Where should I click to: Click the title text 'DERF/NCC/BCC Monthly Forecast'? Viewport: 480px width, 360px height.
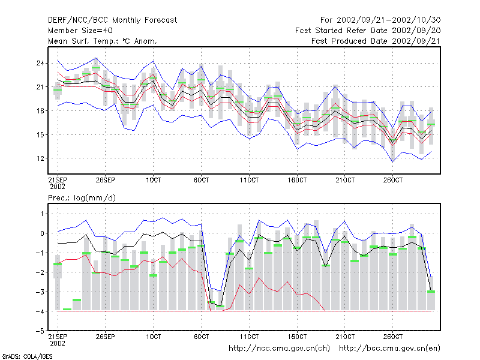click(x=112, y=20)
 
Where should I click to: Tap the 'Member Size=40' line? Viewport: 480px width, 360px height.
click(x=80, y=31)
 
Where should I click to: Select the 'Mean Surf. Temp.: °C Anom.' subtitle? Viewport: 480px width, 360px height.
click(x=103, y=41)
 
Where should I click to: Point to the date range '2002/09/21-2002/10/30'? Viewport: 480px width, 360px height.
click(x=388, y=20)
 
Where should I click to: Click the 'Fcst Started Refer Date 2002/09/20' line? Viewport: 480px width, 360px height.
click(x=368, y=31)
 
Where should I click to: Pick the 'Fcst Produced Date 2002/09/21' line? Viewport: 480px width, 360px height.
click(x=376, y=41)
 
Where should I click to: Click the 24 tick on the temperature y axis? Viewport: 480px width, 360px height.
click(x=40, y=64)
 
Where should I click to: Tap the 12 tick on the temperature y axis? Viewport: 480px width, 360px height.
click(x=40, y=158)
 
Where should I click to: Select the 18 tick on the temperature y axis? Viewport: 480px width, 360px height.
click(x=40, y=111)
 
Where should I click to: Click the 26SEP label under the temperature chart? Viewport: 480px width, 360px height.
click(x=106, y=180)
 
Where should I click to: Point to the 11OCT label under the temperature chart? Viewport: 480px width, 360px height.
click(x=249, y=180)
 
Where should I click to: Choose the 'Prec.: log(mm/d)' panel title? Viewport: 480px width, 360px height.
click(x=82, y=198)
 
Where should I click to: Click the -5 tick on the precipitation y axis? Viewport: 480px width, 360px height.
click(x=40, y=331)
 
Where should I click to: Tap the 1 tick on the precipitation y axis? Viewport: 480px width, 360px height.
click(x=42, y=214)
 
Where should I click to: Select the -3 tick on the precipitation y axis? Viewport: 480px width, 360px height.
click(x=40, y=292)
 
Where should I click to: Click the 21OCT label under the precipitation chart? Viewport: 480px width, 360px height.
click(x=345, y=337)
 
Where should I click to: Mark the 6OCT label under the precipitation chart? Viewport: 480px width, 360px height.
click(x=201, y=337)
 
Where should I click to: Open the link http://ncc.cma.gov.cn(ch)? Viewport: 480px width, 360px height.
click(x=279, y=349)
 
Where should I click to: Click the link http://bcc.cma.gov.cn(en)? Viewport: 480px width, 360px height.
click(x=389, y=349)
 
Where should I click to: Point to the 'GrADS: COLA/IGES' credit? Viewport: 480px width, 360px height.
click(x=27, y=356)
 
